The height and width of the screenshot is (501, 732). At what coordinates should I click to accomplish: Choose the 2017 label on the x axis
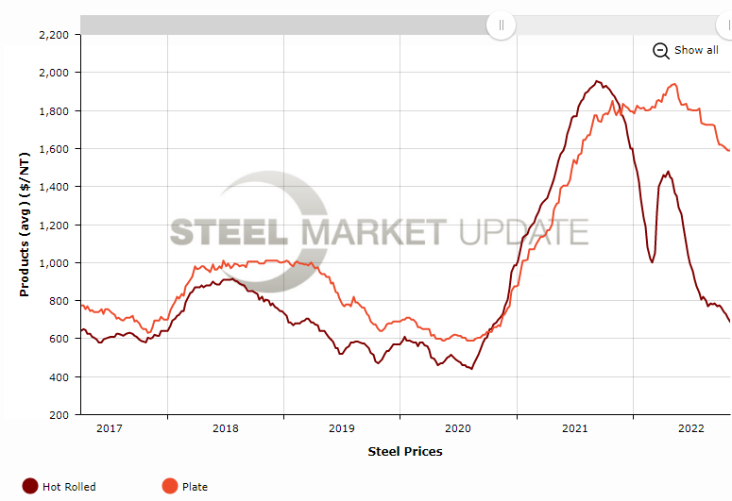110,428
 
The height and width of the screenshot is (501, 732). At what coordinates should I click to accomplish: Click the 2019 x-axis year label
341,428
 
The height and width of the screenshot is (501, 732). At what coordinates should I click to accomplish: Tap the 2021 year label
575,428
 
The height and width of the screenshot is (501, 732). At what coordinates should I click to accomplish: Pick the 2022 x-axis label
690,428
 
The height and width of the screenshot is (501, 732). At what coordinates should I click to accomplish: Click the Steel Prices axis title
404,451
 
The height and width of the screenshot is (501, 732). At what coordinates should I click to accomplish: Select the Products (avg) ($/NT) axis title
26,225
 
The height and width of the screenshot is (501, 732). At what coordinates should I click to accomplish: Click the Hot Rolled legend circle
30,487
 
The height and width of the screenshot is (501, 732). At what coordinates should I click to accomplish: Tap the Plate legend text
196,487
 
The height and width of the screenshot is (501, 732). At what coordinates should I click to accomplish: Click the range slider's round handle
501,25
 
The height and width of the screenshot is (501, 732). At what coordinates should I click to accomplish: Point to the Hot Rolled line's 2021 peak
597,81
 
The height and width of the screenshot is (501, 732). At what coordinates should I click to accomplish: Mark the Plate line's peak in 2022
673,84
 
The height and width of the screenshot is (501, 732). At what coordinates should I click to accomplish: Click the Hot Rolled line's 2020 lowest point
470,368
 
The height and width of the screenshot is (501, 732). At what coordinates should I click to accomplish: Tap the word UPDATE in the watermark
524,232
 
